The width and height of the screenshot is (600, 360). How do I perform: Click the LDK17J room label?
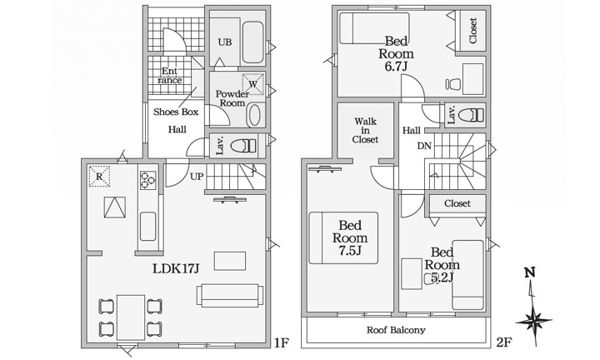(x=176, y=269)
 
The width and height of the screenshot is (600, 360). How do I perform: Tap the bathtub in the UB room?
(x=253, y=42)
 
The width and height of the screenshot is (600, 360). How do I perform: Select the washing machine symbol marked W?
(x=253, y=84)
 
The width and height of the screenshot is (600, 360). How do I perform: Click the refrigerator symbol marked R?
(x=99, y=177)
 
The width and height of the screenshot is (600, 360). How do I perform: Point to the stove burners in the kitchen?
(x=147, y=180)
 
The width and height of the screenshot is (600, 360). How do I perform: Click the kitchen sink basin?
(x=147, y=226)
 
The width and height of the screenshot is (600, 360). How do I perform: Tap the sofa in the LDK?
(x=230, y=295)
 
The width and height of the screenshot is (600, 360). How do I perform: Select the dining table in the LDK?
(x=131, y=317)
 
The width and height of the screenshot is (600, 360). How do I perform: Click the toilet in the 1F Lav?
(x=244, y=146)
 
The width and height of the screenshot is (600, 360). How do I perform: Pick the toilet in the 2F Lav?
(x=471, y=115)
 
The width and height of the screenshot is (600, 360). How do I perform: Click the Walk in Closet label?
(x=366, y=131)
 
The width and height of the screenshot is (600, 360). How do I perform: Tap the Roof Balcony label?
(x=396, y=330)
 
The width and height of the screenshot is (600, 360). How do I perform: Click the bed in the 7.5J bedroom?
(x=343, y=238)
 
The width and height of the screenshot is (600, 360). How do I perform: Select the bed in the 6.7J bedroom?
(x=375, y=28)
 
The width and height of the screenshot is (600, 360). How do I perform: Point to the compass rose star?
(x=533, y=321)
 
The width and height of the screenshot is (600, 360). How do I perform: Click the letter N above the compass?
(x=530, y=272)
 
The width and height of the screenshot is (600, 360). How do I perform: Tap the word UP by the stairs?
(x=197, y=177)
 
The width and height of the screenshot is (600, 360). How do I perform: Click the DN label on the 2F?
(x=424, y=146)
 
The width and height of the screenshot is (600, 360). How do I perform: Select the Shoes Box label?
(x=176, y=112)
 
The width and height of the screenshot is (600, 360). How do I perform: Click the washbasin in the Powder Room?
(x=253, y=115)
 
